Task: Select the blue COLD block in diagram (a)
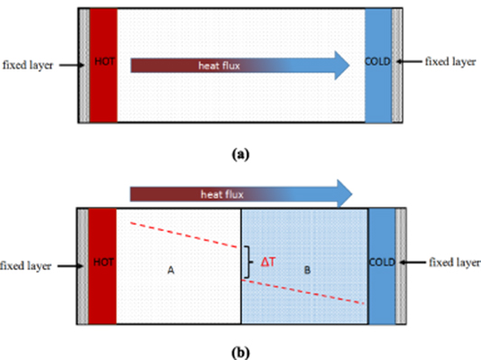[377, 65]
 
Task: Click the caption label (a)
[239, 154]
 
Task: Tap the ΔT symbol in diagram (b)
[269, 262]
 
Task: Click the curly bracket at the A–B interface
[246, 262]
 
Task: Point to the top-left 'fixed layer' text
[28, 65]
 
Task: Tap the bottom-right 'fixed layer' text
[451, 263]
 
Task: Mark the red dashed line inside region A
[185, 233]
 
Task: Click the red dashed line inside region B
[307, 291]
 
